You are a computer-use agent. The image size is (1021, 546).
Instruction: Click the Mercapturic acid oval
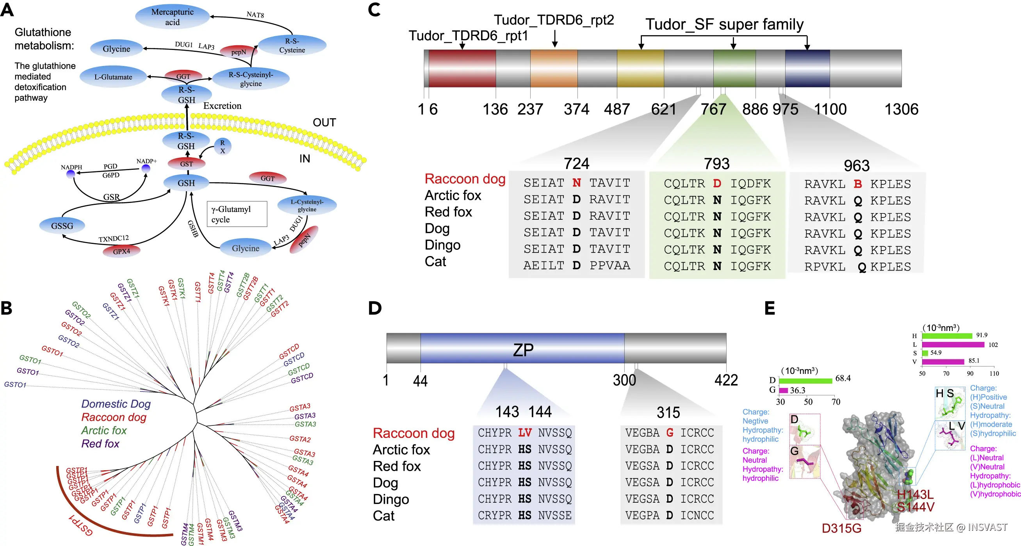[172, 17]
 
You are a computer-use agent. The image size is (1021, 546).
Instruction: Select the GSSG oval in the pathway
[62, 226]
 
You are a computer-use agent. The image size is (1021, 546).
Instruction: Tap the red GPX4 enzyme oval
[121, 251]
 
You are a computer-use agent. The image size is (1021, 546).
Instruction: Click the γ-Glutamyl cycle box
[237, 214]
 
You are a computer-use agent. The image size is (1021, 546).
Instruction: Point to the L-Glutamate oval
[113, 77]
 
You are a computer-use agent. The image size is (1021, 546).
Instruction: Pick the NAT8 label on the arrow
[255, 15]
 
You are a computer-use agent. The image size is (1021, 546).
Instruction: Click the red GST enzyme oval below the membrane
[186, 164]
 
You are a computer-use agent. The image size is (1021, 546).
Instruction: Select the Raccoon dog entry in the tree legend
[114, 417]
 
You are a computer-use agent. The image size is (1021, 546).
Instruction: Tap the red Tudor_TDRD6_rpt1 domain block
[462, 68]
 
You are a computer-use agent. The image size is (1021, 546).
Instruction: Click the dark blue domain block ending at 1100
[807, 68]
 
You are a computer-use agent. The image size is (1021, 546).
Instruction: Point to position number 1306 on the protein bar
[901, 109]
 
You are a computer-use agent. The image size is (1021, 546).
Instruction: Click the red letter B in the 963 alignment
[858, 184]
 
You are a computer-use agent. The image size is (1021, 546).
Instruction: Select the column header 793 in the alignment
[716, 164]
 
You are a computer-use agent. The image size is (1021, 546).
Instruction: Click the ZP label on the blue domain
[523, 349]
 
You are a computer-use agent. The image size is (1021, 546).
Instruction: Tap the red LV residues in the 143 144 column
[525, 433]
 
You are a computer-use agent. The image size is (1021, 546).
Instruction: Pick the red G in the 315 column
[670, 433]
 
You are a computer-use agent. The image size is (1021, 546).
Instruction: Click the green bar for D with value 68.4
[805, 381]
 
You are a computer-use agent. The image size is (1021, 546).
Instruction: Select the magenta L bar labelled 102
[953, 345]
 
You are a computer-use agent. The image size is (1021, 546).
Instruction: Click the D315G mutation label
[841, 528]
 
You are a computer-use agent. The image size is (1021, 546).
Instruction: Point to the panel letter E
[769, 308]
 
